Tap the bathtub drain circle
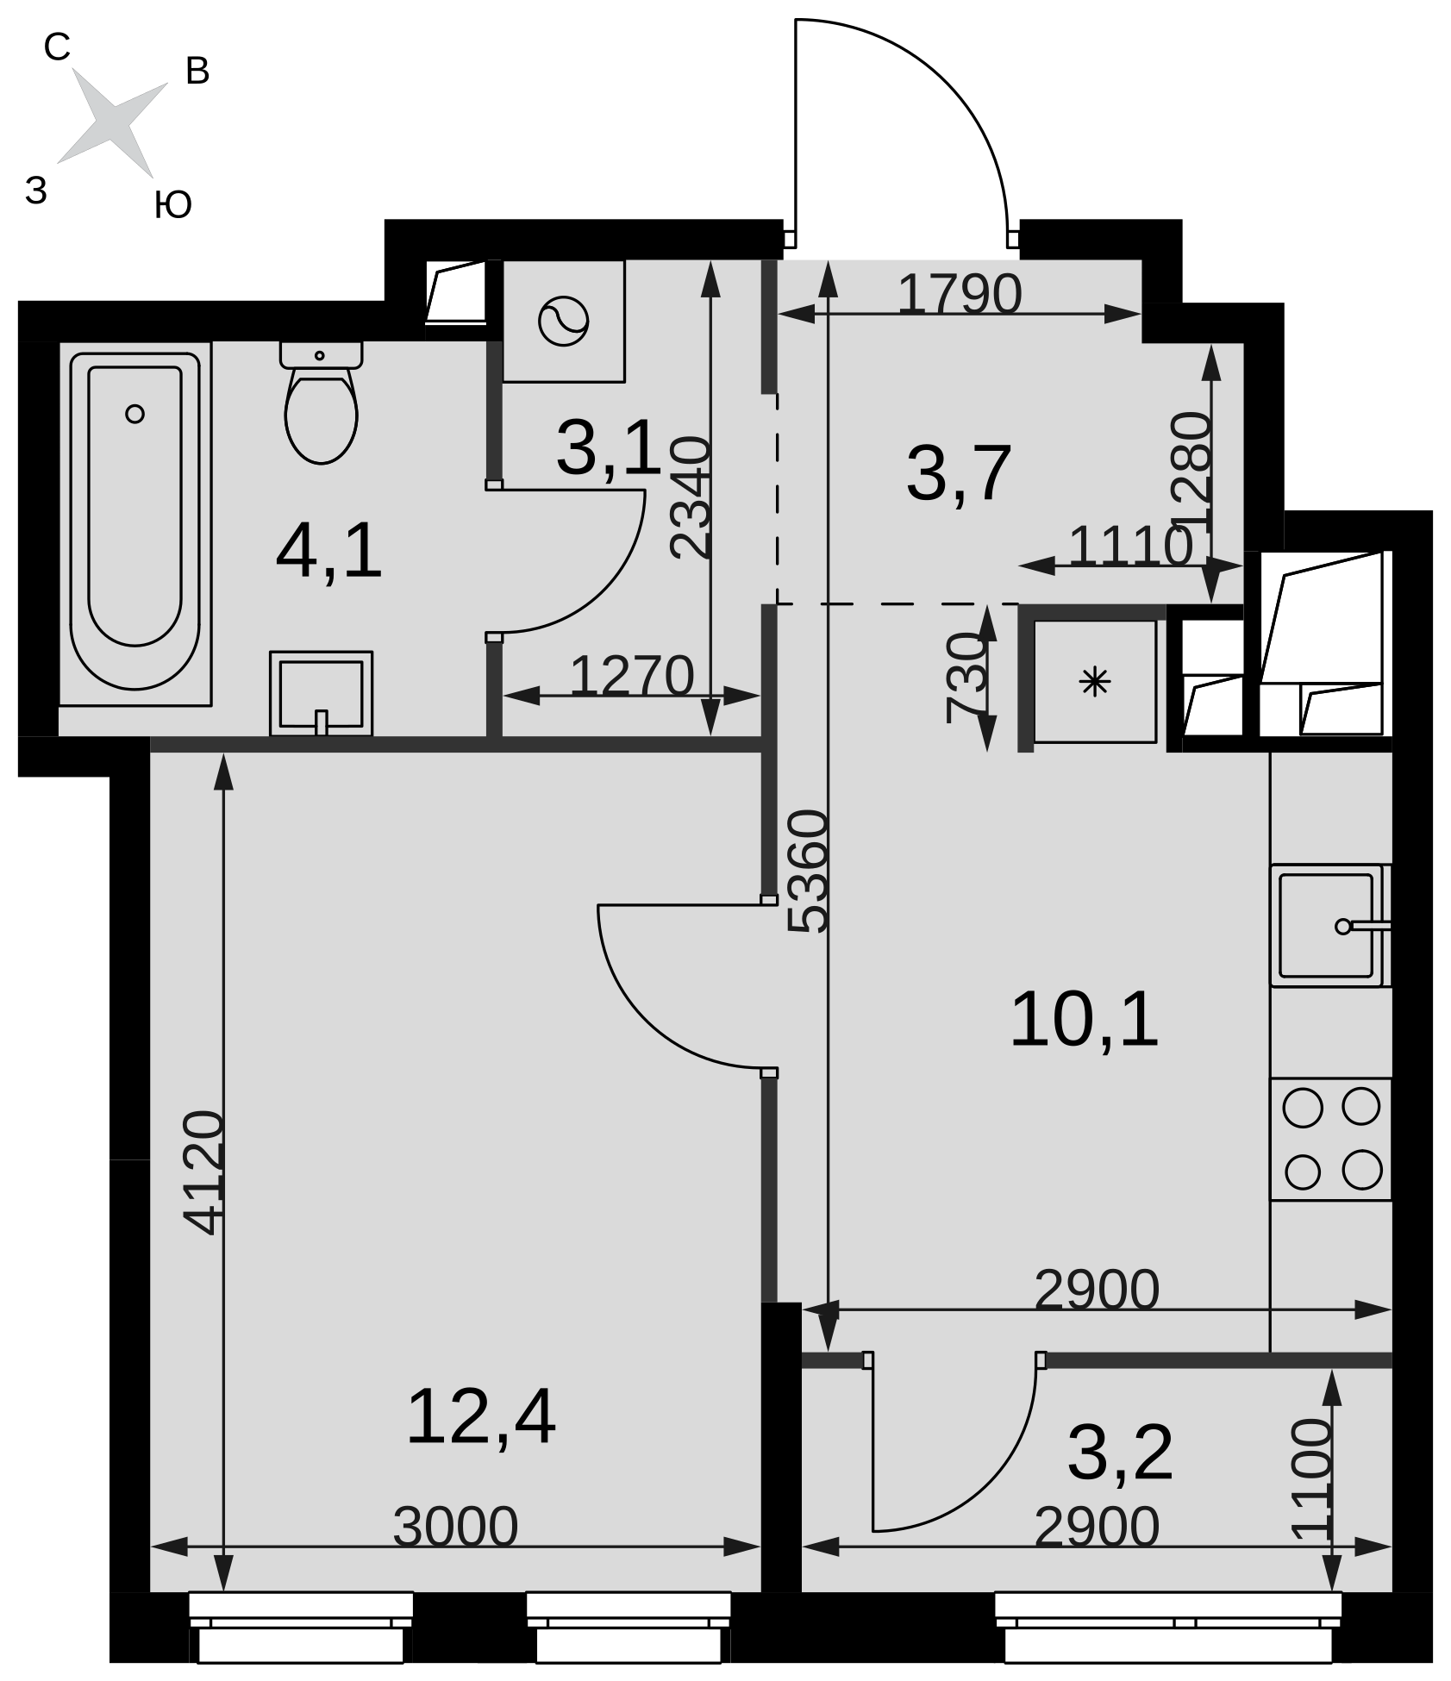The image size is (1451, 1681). point(134,414)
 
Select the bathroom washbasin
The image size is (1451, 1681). point(321,694)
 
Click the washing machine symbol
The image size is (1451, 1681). point(564,321)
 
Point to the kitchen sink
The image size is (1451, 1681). point(1330,926)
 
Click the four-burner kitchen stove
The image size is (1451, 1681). point(1331,1139)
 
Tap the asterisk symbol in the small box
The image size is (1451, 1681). point(1095,682)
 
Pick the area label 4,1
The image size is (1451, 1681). point(328,553)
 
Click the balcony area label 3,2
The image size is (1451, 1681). point(1120,1453)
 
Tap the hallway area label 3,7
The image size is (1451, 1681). point(958,473)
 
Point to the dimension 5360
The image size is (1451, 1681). point(810,871)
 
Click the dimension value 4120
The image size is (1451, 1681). point(204,1172)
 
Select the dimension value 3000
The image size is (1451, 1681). point(455,1528)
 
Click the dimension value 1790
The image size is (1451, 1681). point(960,294)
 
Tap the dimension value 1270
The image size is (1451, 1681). point(632,675)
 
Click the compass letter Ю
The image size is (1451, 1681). point(172,205)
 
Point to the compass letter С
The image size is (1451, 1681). point(57,48)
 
